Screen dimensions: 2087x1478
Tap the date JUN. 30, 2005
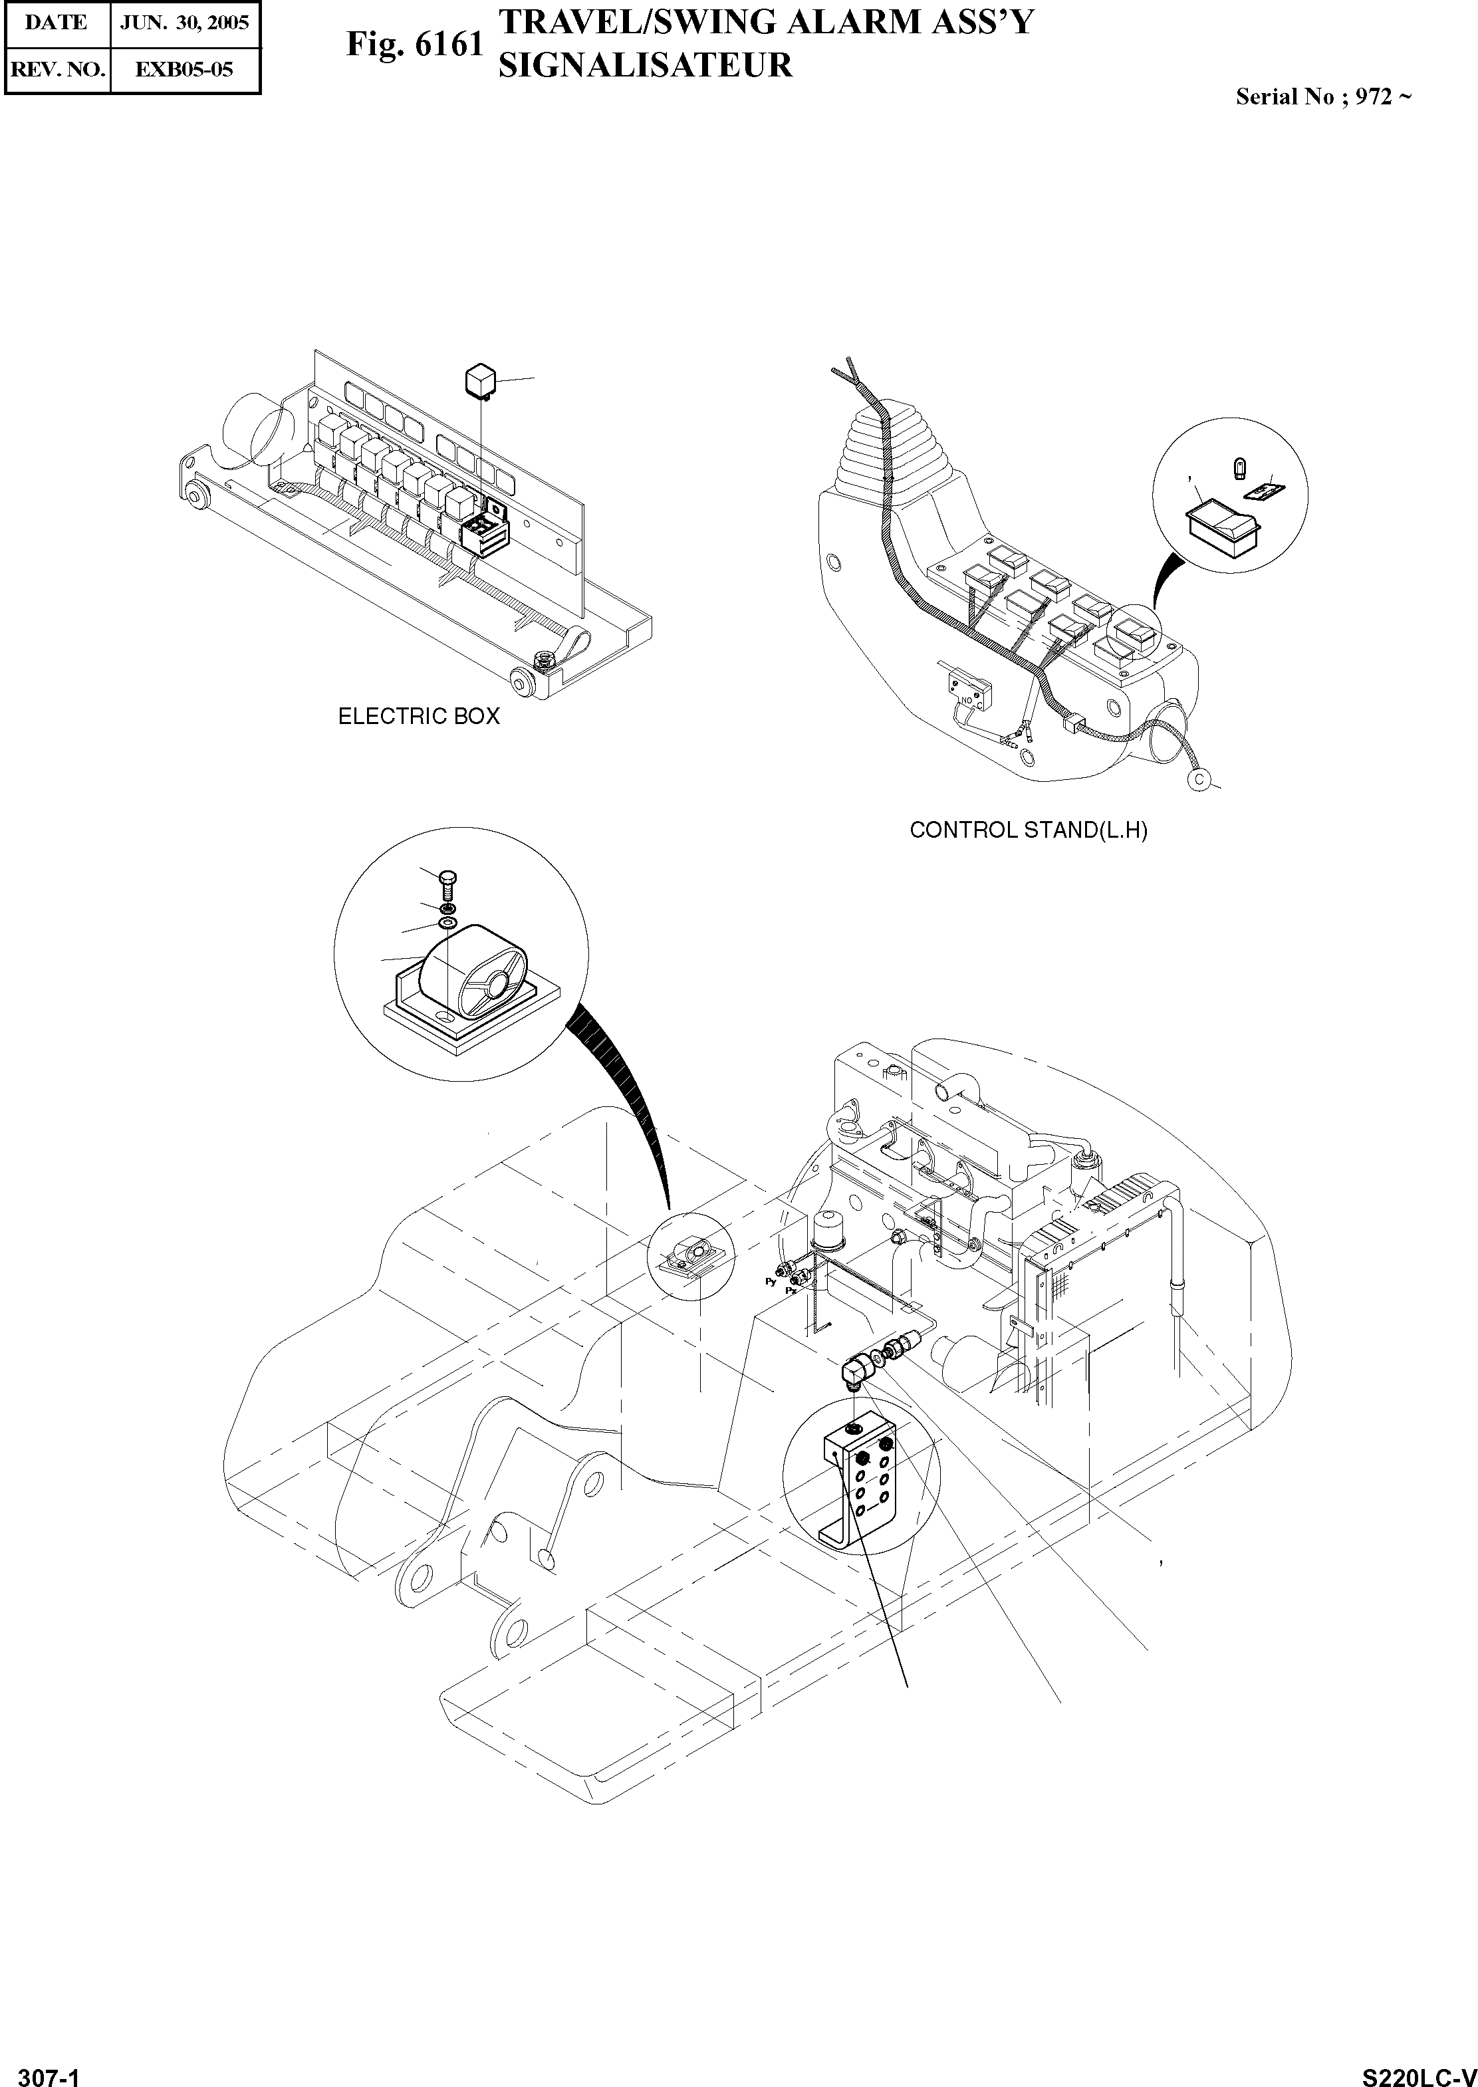pyautogui.click(x=185, y=23)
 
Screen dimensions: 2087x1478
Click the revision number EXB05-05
pyautogui.click(x=185, y=69)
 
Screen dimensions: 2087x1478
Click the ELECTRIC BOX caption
pyautogui.click(x=419, y=716)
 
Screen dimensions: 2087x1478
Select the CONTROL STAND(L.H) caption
pyautogui.click(x=1029, y=830)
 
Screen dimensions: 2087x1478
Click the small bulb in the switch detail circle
pyautogui.click(x=1238, y=469)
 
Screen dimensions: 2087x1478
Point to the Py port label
pyautogui.click(x=770, y=1281)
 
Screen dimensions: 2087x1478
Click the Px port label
pyautogui.click(x=790, y=1290)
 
